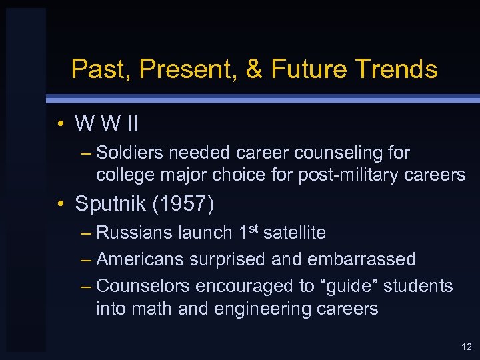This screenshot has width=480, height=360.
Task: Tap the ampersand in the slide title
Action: click(255, 69)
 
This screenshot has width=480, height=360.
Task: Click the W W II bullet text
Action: click(107, 123)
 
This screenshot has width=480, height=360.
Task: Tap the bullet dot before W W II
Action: click(61, 124)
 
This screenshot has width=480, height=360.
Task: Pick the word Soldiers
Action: click(130, 153)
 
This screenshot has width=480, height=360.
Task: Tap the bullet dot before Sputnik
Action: click(61, 205)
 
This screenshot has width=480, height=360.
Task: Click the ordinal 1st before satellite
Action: click(249, 232)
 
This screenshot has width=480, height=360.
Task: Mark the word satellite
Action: click(295, 233)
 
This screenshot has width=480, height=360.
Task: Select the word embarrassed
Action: click(363, 259)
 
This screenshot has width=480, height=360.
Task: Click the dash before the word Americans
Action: click(85, 259)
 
